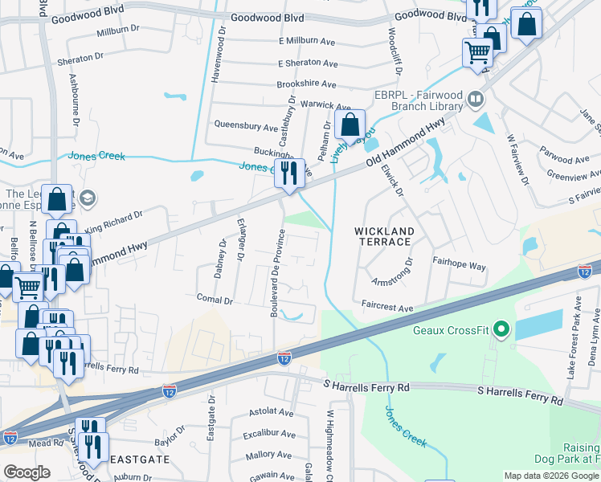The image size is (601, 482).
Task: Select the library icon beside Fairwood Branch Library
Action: point(476,100)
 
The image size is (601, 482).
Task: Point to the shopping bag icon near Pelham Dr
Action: point(350,125)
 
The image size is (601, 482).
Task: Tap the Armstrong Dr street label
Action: point(392,273)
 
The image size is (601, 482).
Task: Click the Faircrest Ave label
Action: point(386,308)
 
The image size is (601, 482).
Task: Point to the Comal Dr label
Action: point(215,300)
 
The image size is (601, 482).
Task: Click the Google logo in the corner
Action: point(27,472)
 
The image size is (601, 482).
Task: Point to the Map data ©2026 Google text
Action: point(551,476)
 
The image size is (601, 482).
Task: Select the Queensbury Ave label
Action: point(246,126)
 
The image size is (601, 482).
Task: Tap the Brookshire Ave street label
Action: point(306,84)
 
